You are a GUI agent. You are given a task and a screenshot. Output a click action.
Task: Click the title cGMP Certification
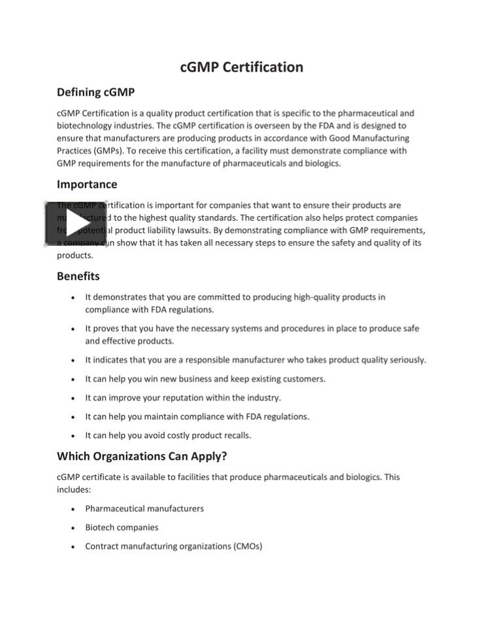242,67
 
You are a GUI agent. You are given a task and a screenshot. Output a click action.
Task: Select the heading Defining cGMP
95,92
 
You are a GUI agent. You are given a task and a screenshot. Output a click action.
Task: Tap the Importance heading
87,184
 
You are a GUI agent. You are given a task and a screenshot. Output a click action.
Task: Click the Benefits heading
78,276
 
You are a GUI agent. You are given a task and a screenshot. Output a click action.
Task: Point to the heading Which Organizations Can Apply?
142,456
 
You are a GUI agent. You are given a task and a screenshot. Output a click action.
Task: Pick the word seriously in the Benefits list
405,360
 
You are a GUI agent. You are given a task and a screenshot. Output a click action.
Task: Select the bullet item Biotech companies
121,528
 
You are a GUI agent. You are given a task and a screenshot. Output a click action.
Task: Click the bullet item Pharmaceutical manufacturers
144,509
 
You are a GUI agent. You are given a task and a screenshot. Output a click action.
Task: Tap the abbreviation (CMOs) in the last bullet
248,547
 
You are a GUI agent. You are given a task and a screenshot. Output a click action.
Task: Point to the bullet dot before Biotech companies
73,528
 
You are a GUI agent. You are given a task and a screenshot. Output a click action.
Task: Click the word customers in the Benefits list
305,379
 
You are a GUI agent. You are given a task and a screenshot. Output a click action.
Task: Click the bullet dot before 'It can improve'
73,398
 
